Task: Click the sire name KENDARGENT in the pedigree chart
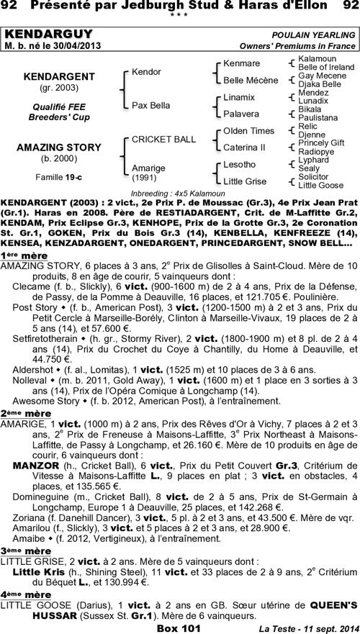tap(59, 76)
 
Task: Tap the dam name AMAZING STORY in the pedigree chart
tap(59, 148)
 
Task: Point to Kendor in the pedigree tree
tap(147, 72)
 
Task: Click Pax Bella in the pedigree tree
tap(150, 105)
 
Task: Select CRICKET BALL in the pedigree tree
tap(163, 138)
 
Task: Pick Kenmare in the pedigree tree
tap(241, 63)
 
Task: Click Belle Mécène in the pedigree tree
tap(251, 80)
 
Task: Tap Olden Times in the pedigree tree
tap(248, 130)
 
